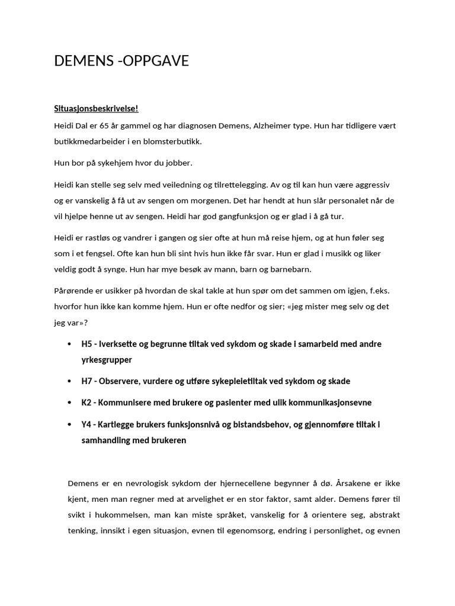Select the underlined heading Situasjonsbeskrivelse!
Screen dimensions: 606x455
[x=95, y=109]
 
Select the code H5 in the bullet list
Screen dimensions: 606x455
[x=88, y=344]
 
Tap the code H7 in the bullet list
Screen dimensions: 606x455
[x=88, y=381]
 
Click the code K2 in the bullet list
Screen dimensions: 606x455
[x=88, y=402]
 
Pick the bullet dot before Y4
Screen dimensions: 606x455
[x=69, y=424]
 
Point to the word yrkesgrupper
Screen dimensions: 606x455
[x=107, y=360]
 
